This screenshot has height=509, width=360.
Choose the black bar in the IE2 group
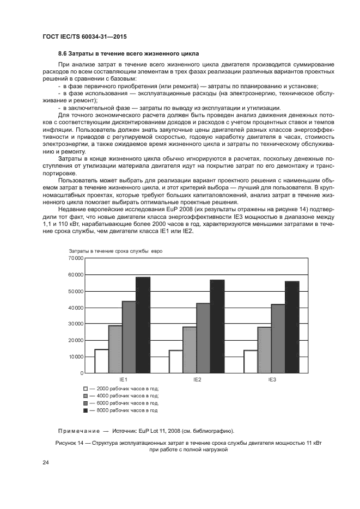[x=217, y=326]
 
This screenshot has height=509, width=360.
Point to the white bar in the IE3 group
[x=251, y=361]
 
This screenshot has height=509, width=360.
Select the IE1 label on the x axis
[x=123, y=379]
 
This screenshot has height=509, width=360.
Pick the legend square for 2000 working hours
[x=86, y=388]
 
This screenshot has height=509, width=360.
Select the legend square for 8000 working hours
[x=86, y=410]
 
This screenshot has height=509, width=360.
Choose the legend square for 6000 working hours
[x=86, y=403]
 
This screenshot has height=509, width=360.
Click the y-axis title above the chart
[x=115, y=250]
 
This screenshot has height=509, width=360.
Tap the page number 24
[x=46, y=463]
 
